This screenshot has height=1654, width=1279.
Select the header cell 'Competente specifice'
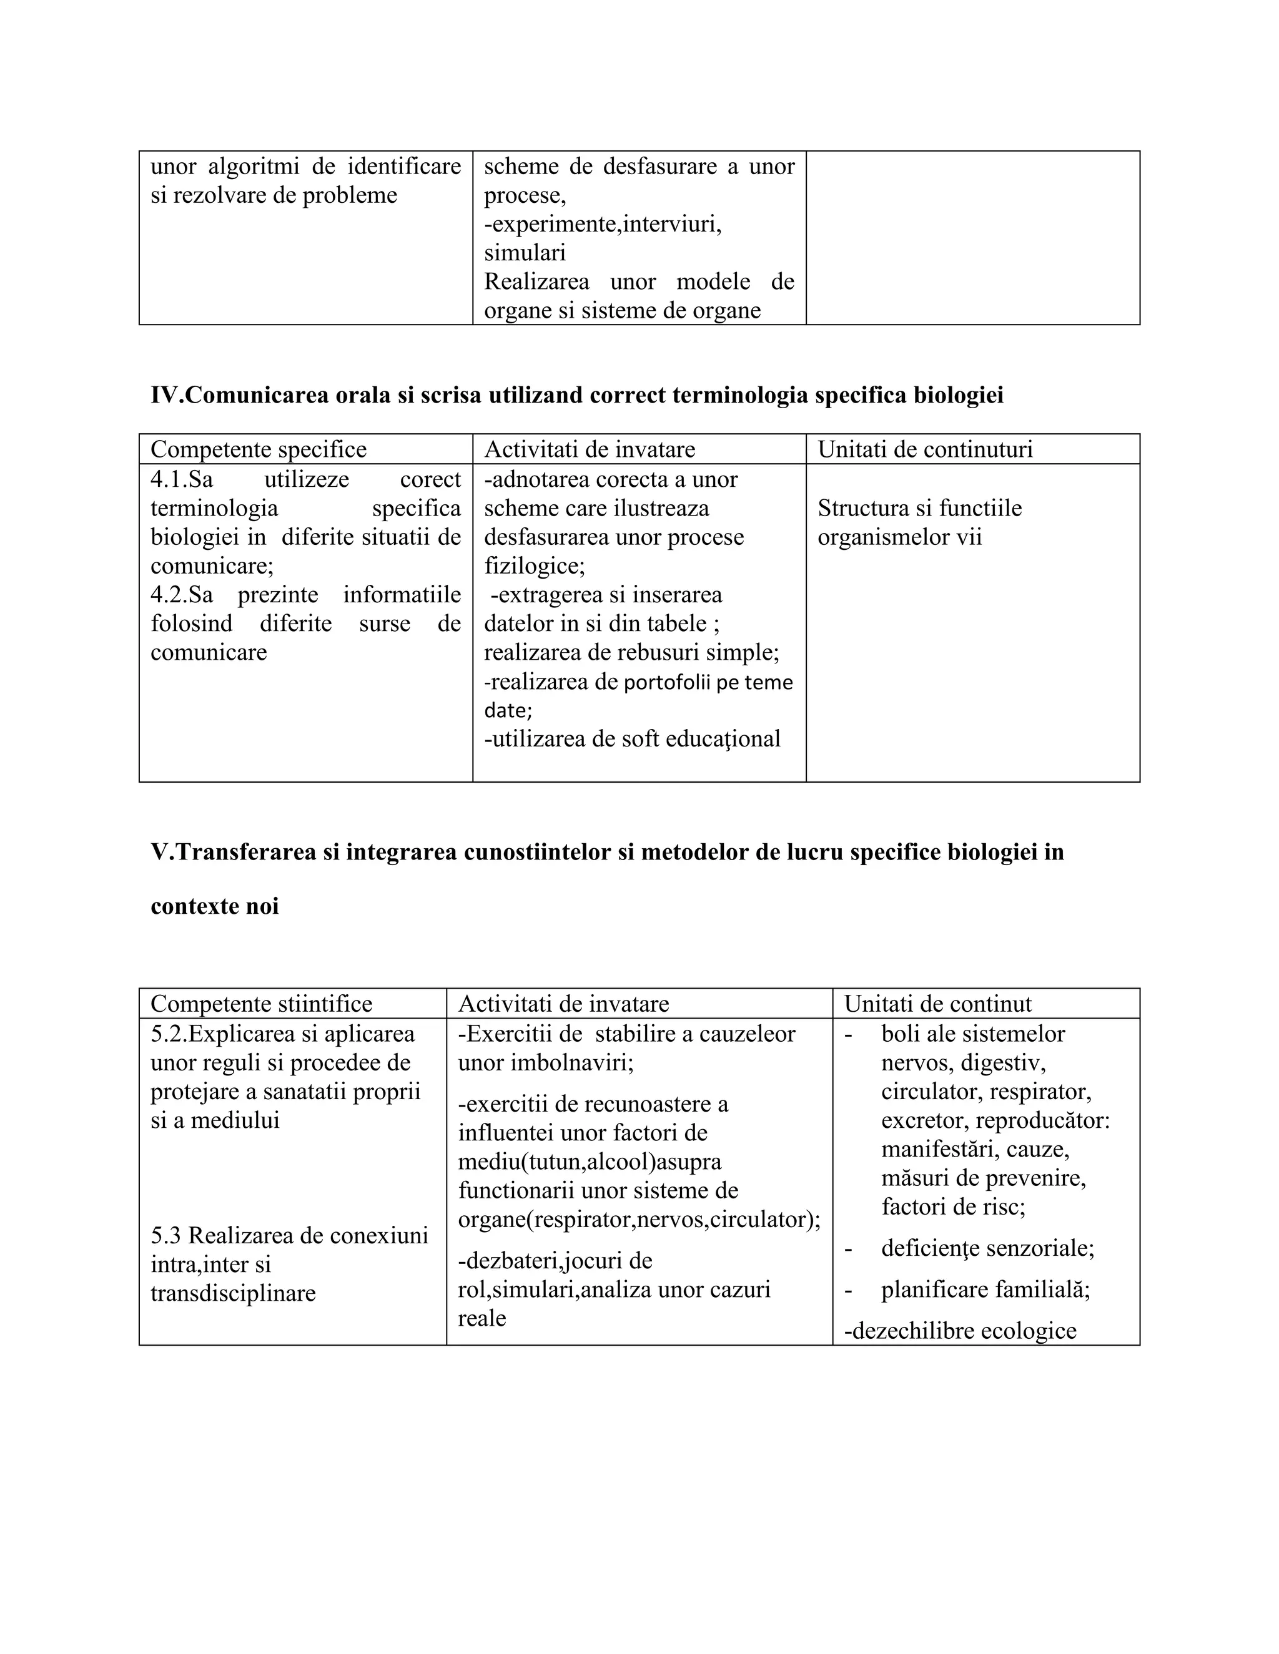tap(259, 449)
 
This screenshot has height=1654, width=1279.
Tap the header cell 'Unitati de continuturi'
tap(924, 449)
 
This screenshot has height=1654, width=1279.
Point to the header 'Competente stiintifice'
tap(262, 1004)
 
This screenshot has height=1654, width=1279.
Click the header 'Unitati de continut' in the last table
tap(937, 1004)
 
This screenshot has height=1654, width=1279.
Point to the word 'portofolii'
tap(667, 682)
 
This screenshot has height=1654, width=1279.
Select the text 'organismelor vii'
tap(899, 537)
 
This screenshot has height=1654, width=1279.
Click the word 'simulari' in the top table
tap(525, 252)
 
